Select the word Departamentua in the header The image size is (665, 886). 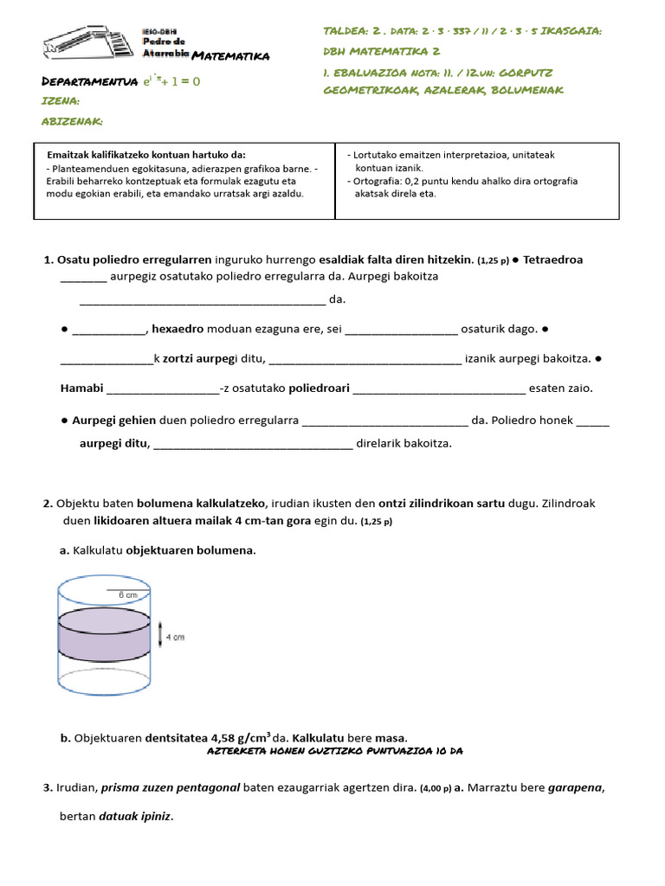click(90, 81)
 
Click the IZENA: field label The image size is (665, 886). click(61, 101)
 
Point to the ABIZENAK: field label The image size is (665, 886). click(73, 121)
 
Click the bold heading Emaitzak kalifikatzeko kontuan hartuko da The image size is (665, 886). click(152, 155)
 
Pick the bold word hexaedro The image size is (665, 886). click(178, 330)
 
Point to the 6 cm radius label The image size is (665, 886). click(127, 595)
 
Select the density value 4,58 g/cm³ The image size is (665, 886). click(241, 738)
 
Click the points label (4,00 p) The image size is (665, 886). click(435, 789)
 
